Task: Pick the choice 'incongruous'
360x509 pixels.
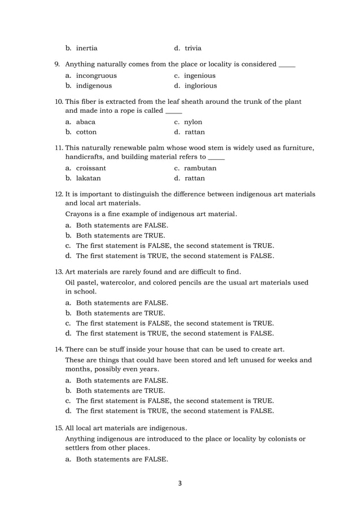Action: [x=96, y=76]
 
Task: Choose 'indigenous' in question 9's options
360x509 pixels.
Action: [x=94, y=86]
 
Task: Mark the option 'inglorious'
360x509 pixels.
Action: [x=200, y=86]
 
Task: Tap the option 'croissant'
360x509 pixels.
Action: [x=91, y=168]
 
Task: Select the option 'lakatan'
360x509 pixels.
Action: [x=89, y=178]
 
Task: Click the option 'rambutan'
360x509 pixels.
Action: [x=200, y=168]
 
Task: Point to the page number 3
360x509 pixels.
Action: [x=180, y=483]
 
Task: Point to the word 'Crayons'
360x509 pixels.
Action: [x=80, y=214]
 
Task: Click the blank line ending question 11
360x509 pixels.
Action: [x=217, y=158]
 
